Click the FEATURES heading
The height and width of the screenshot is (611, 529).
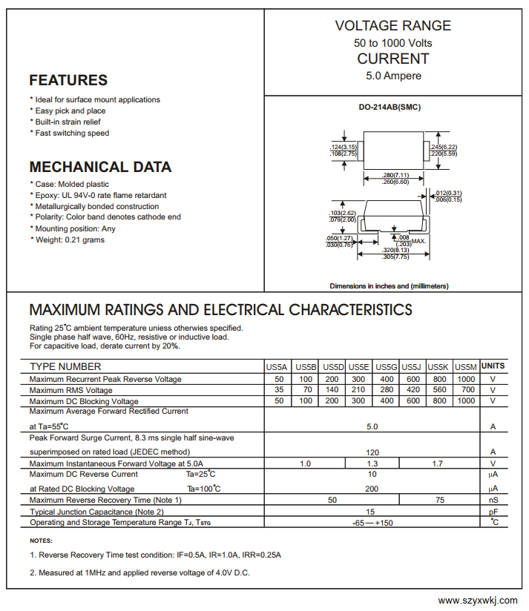(68, 80)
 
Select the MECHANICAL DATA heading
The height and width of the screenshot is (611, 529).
(100, 167)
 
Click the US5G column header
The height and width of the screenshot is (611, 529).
(386, 367)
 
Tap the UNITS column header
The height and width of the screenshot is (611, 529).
(493, 366)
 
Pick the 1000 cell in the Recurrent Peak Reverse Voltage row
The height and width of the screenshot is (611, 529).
(466, 379)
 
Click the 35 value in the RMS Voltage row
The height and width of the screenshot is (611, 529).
(279, 390)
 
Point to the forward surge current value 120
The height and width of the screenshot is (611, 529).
(372, 452)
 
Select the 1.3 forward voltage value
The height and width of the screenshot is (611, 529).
(372, 463)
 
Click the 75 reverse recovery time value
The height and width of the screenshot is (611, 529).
(440, 500)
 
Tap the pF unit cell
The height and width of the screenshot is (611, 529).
(493, 512)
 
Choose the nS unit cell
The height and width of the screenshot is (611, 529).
(493, 500)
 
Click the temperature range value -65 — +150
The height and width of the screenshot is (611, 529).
(372, 523)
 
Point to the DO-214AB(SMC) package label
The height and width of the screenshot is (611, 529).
(390, 107)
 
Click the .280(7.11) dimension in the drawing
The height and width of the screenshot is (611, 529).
(395, 175)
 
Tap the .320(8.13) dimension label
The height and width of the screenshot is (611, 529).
(395, 250)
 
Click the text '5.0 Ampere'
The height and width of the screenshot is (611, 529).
(393, 76)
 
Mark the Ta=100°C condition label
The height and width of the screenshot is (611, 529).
(204, 489)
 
